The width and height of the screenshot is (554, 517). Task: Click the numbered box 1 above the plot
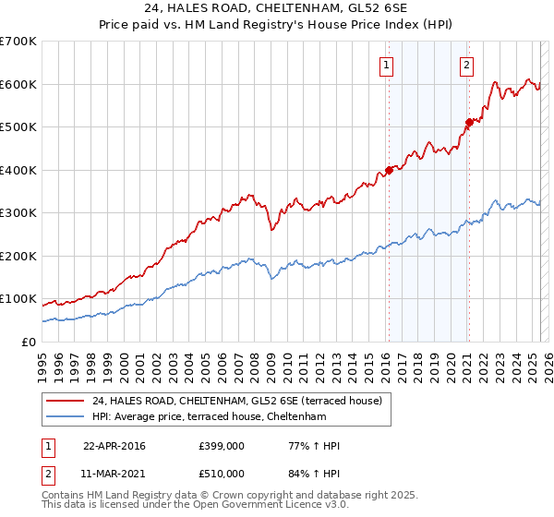pos(385,65)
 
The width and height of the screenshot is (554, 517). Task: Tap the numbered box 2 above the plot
pos(467,65)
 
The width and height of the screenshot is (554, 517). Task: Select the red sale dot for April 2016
pos(390,170)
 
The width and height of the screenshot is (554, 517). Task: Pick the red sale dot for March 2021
pos(469,122)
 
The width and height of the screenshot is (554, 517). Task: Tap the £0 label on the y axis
pos(29,342)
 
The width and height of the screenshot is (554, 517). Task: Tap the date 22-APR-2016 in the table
pos(114,446)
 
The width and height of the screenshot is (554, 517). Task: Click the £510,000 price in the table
pos(222,474)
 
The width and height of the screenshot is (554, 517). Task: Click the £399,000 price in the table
pos(222,446)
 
